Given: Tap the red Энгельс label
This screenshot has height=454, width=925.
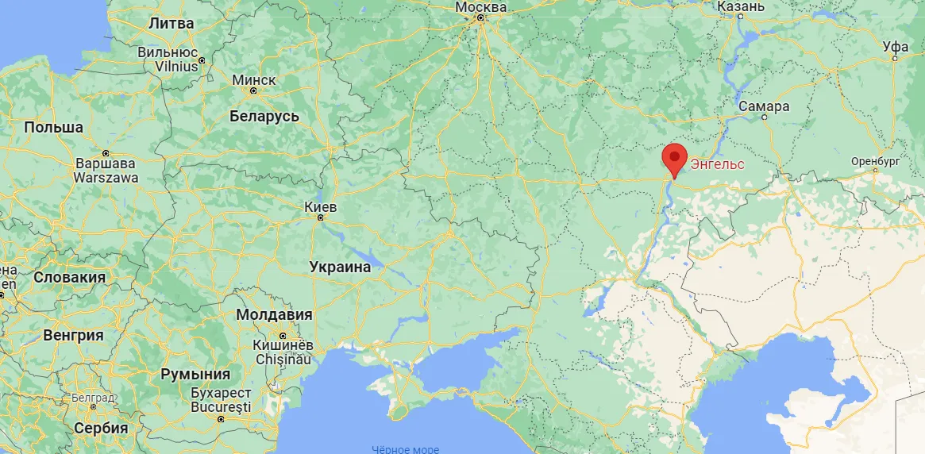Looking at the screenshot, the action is pos(718,165).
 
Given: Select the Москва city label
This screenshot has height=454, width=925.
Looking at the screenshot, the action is pos(481,7).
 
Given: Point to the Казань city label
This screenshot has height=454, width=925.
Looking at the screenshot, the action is pos(741,6).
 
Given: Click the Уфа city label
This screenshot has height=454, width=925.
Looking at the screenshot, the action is pos(896,47).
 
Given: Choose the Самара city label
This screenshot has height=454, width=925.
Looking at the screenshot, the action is pos(764,106).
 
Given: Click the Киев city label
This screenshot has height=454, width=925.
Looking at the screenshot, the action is pos(321,207).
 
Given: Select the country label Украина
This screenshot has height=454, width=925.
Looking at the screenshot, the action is pos(341,267).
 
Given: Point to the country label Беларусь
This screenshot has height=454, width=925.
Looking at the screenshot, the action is pos(264,117).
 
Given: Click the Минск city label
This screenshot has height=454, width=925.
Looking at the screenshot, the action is pos(254,80).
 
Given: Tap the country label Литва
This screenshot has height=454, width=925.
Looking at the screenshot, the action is pos(172,24).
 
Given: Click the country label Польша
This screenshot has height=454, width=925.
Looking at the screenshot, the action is pos(54,127).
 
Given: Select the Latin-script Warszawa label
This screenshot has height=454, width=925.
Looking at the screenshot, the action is pos(106,178).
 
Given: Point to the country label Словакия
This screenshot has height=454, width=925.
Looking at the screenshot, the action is pos(70,277).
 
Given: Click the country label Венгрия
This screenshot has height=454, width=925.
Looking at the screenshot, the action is pos(73,335).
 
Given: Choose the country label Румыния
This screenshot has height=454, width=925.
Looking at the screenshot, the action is pos(195,374).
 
